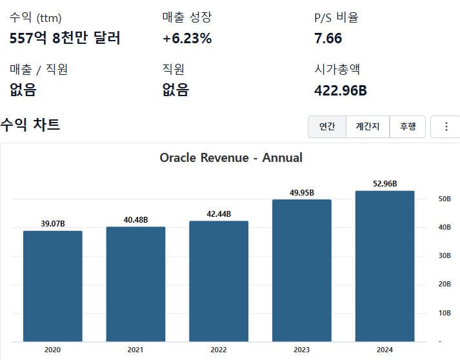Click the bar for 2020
coord(53,286)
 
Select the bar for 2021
coord(135,284)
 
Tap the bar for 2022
coord(219,281)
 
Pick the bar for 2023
coord(302,270)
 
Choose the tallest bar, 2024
coord(385,266)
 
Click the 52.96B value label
coord(385,184)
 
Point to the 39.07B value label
coord(53,223)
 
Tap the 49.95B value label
coord(302,192)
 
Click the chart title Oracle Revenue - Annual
coord(231,157)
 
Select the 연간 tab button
coord(327,127)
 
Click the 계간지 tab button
coord(368,127)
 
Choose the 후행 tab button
coord(408,127)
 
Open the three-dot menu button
coord(446,127)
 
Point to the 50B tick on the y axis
coord(445,199)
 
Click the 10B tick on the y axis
coord(445,313)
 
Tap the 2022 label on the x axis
coord(219,350)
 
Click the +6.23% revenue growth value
coord(187,38)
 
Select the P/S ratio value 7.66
coord(328,38)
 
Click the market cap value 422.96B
coord(340,90)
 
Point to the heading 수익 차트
coord(30,125)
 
